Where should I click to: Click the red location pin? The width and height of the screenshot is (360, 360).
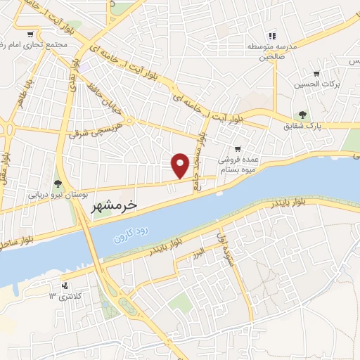(x=181, y=165)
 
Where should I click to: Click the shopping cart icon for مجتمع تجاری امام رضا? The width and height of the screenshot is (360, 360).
(x=30, y=34)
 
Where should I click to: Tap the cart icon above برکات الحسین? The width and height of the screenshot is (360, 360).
(x=316, y=72)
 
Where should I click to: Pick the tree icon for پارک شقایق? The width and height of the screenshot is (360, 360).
(x=302, y=115)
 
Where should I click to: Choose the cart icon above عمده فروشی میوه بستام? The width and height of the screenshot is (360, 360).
(x=238, y=148)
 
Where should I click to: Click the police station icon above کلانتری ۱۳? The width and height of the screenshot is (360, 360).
(x=65, y=285)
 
